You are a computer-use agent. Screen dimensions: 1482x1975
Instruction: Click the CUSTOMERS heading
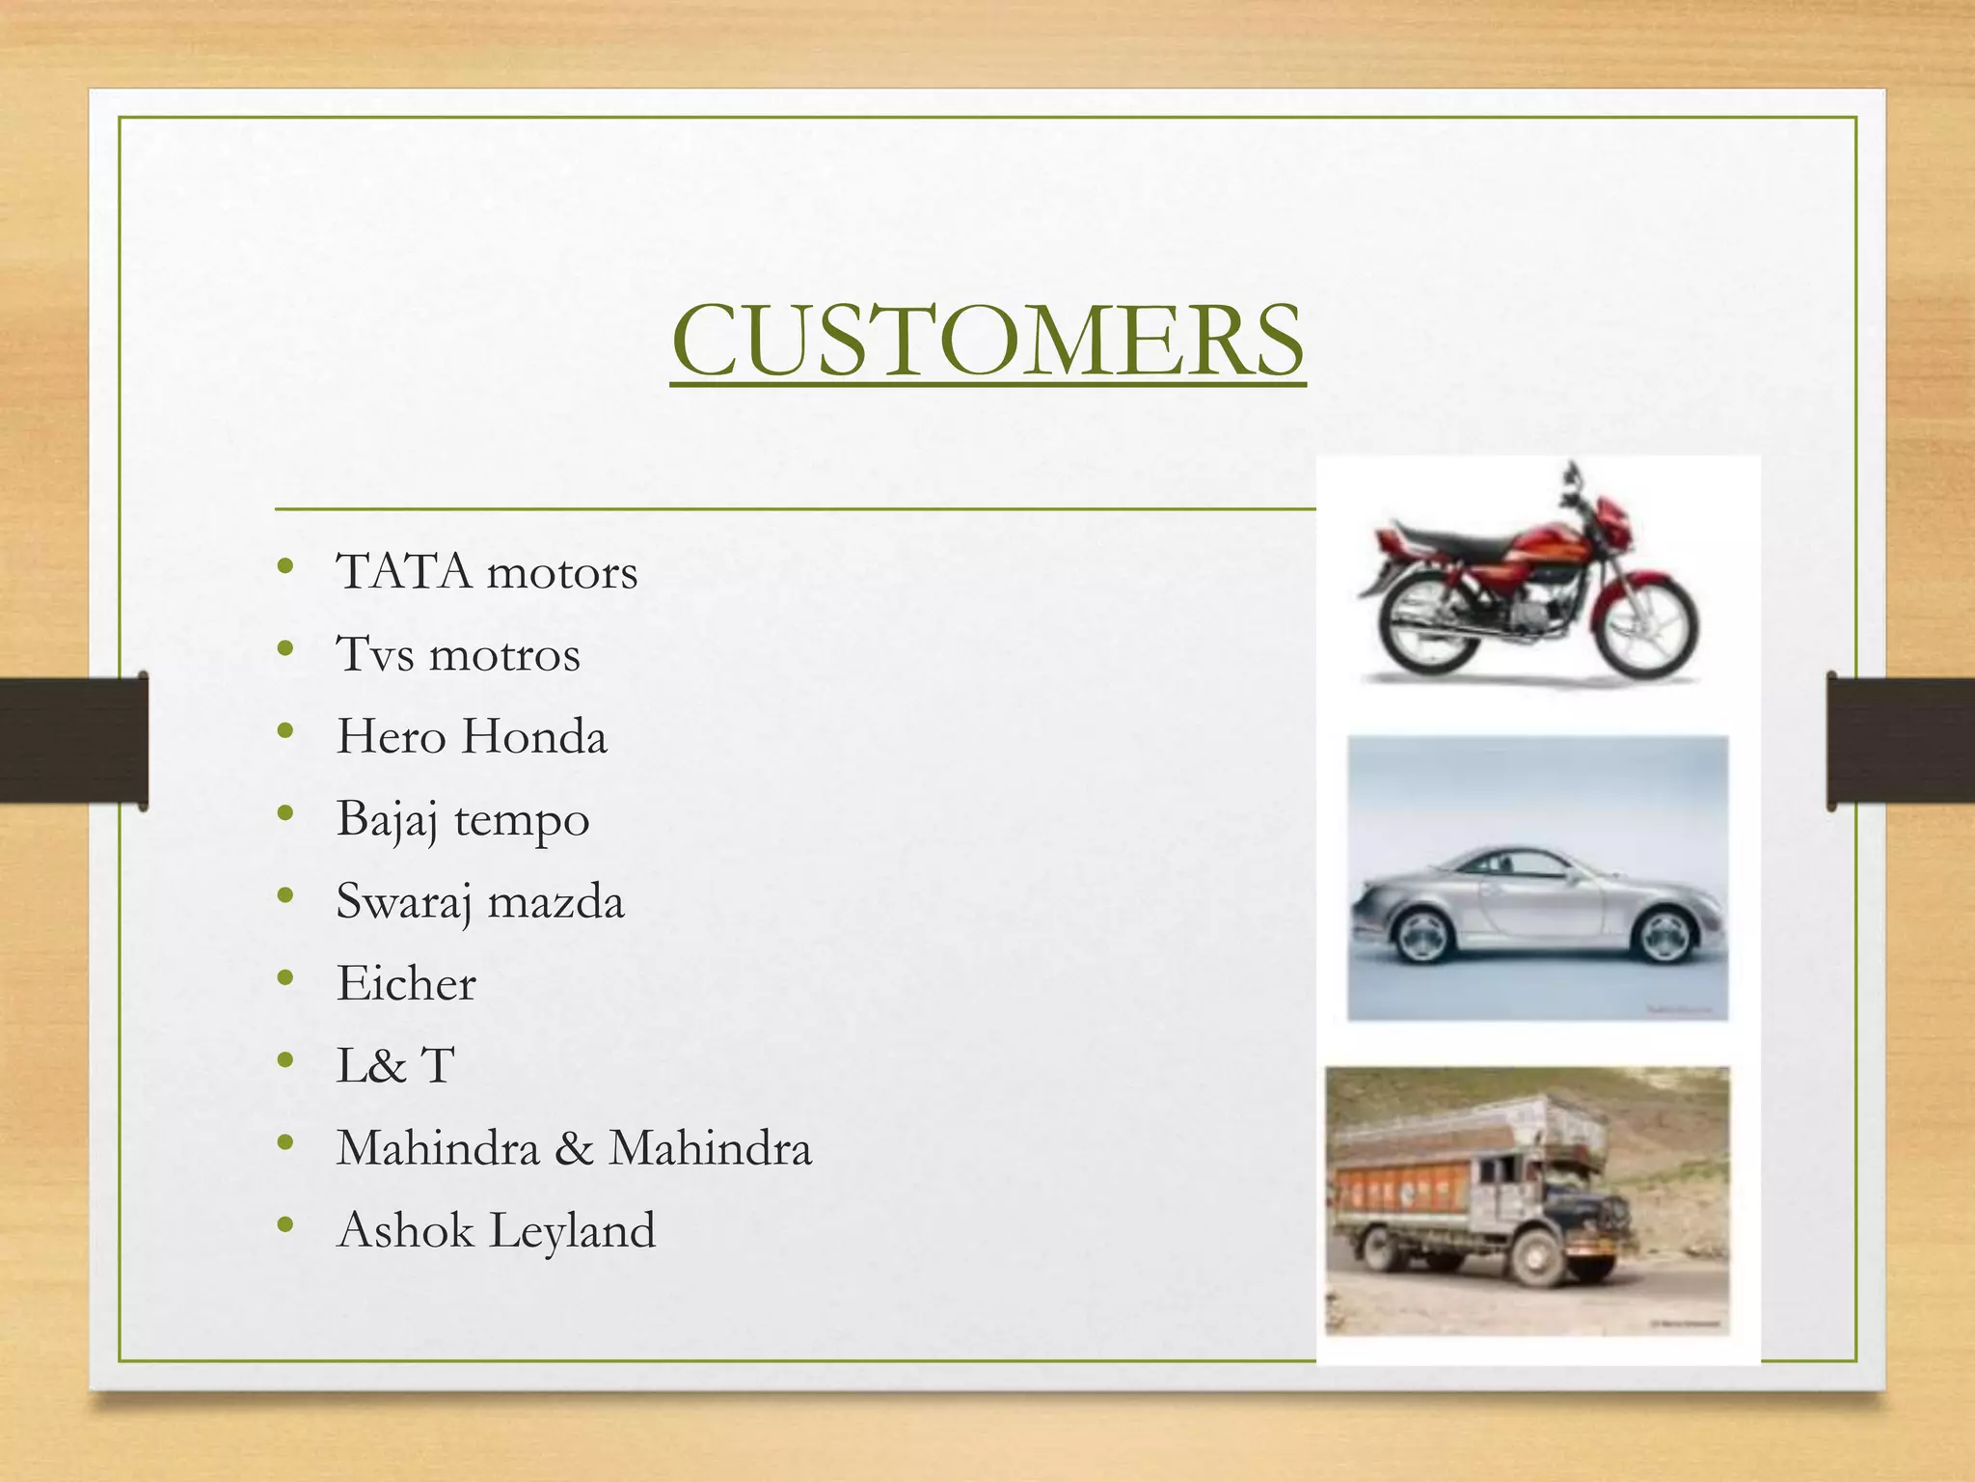pyautogui.click(x=987, y=340)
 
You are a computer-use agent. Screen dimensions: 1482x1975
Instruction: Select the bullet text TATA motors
pyautogui.click(x=486, y=572)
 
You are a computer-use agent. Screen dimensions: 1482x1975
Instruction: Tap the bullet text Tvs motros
pyautogui.click(x=457, y=654)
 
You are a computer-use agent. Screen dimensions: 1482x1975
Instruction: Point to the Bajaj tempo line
pyautogui.click(x=462, y=820)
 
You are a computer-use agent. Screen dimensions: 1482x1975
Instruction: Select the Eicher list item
pyautogui.click(x=405, y=984)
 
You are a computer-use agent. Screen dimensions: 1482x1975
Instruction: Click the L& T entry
pyautogui.click(x=394, y=1066)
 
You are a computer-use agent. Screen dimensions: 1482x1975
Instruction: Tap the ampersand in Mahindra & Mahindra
pyautogui.click(x=574, y=1148)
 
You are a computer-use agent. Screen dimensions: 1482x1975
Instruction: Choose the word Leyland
pyautogui.click(x=572, y=1231)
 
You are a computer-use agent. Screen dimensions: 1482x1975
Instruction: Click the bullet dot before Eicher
pyautogui.click(x=284, y=978)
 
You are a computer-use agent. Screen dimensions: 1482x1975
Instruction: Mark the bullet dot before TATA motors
pyautogui.click(x=284, y=567)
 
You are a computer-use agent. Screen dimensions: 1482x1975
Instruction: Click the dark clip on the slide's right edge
pyautogui.click(x=1900, y=740)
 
